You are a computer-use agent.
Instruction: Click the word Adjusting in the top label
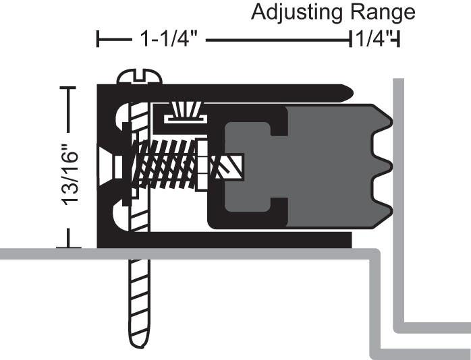[292, 12]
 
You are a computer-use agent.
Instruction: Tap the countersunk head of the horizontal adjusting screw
[108, 164]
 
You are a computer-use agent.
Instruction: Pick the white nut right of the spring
[201, 164]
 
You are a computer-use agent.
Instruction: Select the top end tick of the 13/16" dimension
[68, 88]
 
